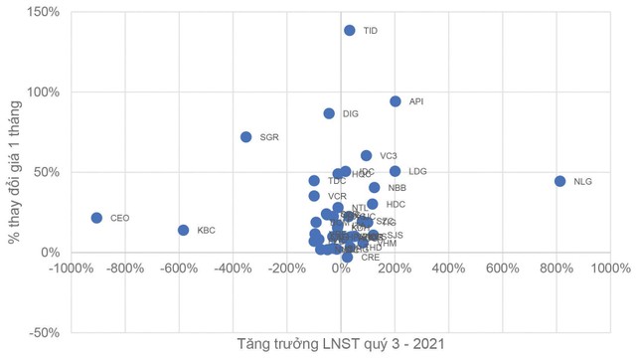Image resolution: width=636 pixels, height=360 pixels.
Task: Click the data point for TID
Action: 350,31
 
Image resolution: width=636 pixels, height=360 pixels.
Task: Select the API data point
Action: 396,101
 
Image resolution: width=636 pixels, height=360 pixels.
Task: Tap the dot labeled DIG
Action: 329,113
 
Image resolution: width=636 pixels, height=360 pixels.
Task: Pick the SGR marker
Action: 246,137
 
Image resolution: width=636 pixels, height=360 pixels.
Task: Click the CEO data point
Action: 96,218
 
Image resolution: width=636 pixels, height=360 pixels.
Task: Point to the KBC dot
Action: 184,231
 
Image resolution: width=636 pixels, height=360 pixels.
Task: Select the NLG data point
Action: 560,181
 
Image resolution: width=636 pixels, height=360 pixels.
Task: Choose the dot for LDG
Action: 396,171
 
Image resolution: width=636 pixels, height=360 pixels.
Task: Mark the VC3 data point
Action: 367,156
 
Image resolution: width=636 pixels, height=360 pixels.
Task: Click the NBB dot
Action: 375,187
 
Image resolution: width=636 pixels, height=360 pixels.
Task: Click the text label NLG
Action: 583,182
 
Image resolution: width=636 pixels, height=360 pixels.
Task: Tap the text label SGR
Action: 269,137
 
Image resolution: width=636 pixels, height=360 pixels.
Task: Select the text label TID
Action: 371,31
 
